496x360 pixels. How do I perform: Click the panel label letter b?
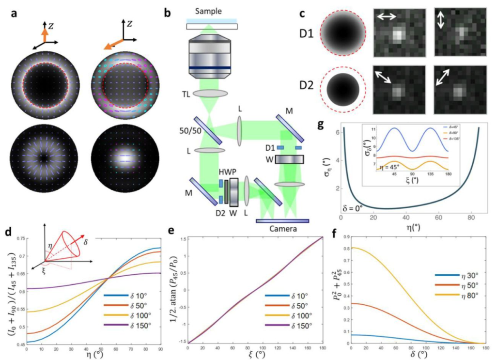168,13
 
